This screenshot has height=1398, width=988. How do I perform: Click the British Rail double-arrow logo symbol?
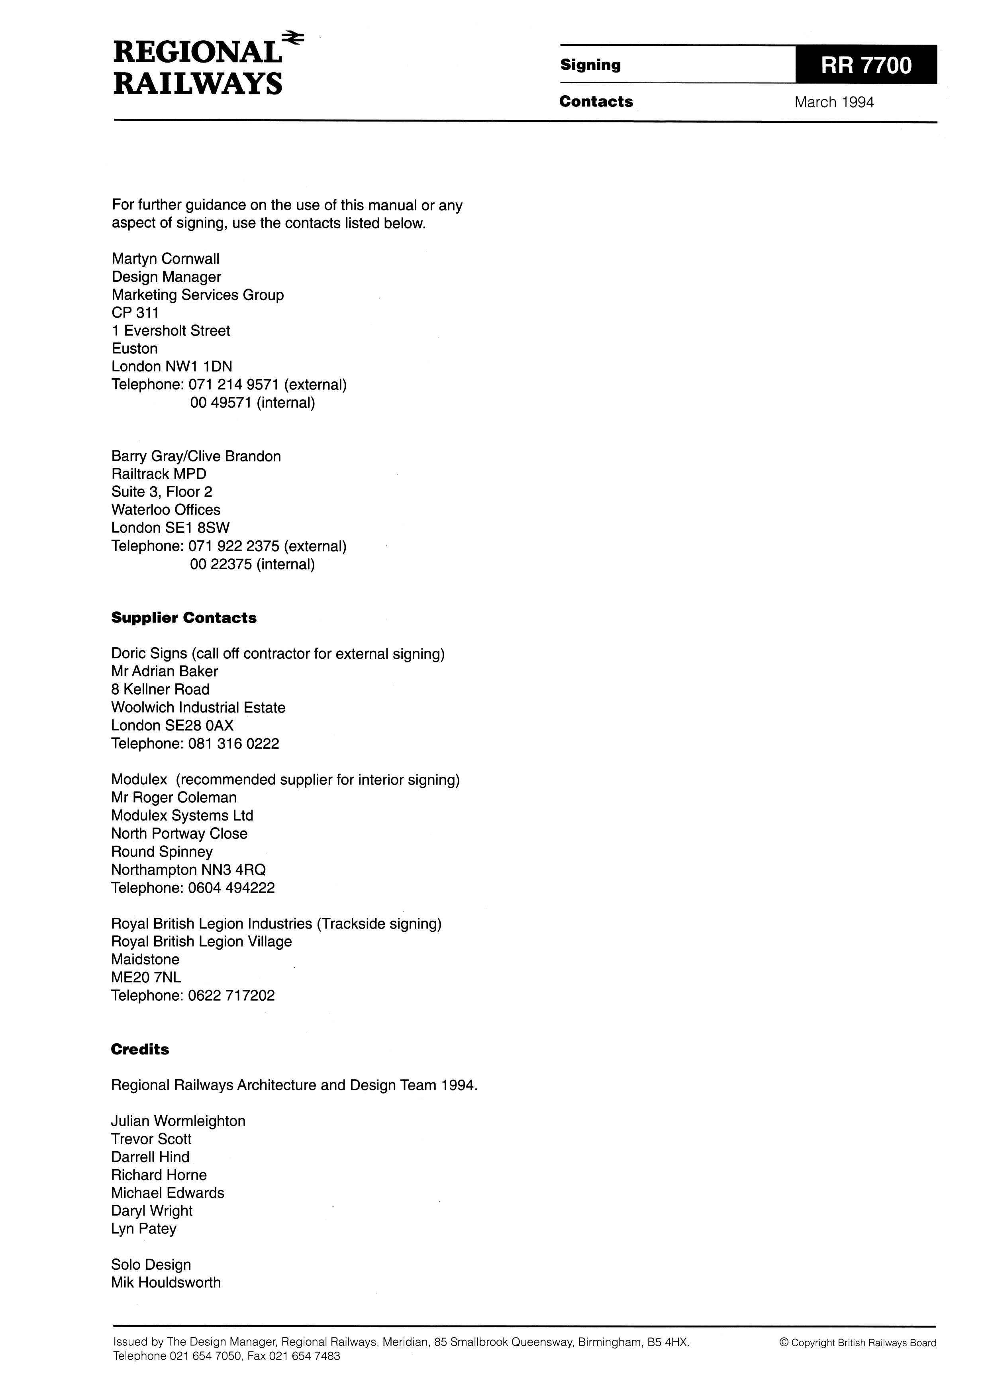[x=294, y=39]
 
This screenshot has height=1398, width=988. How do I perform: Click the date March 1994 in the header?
[x=833, y=102]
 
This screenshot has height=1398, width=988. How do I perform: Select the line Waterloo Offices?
[x=166, y=510]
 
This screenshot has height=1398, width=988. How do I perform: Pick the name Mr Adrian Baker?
[x=165, y=671]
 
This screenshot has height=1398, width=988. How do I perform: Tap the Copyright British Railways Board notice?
[x=857, y=1343]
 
